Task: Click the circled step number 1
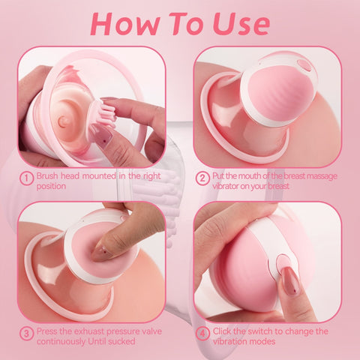click(25, 178)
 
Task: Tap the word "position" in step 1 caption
click(53, 186)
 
